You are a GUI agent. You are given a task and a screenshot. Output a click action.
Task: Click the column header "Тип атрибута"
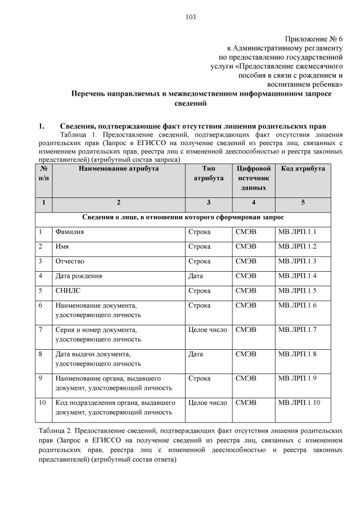point(207,173)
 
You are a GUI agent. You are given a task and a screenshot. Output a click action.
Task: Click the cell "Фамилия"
point(69,232)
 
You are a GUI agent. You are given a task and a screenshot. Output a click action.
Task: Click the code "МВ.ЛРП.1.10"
point(299,403)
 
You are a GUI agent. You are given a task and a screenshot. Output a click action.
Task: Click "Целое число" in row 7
point(207,329)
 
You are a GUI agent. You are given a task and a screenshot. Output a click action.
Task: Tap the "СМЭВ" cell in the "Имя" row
point(246,246)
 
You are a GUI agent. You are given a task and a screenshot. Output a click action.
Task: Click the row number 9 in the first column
point(41,378)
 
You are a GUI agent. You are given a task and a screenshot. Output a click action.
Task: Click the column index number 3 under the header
point(207,201)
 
